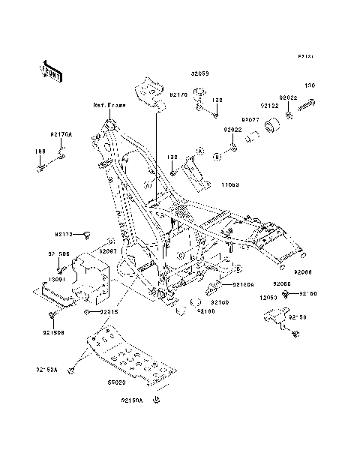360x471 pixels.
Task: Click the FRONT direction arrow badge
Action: tap(52, 70)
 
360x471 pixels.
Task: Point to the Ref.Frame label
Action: tap(109, 106)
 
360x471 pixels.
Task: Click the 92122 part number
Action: tap(270, 106)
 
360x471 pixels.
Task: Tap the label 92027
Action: tap(250, 118)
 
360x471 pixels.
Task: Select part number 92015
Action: tap(110, 310)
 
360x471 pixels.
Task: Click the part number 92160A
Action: tap(242, 285)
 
